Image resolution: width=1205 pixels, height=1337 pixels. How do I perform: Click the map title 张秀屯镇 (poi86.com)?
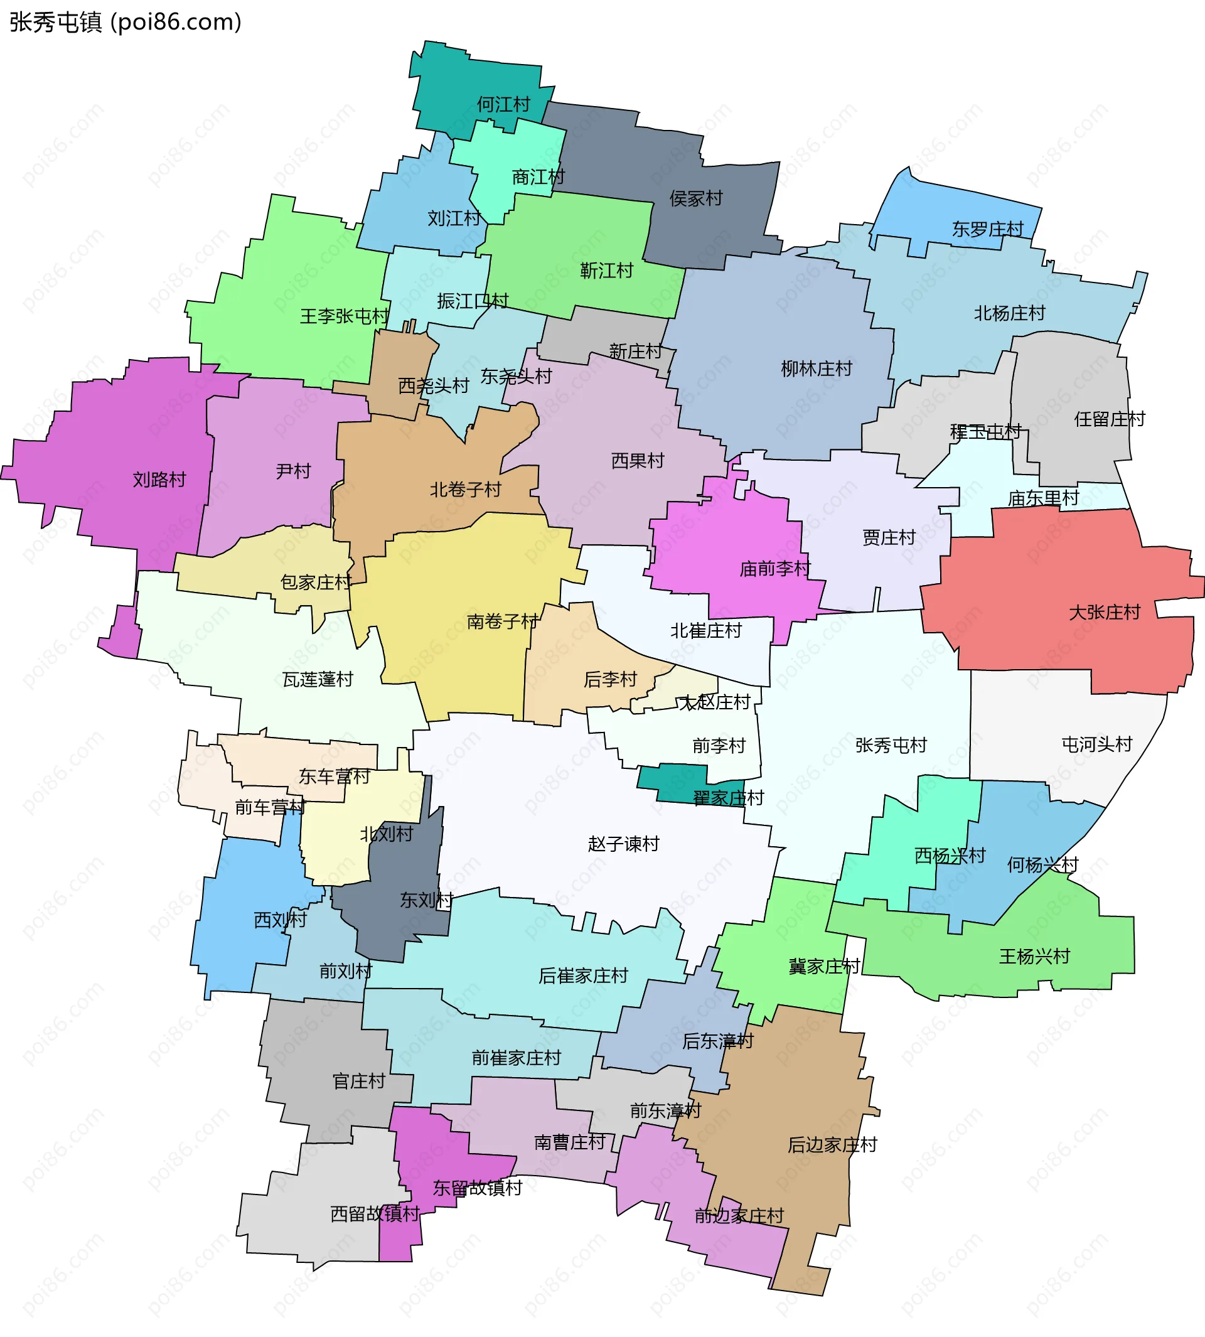pyautogui.click(x=126, y=23)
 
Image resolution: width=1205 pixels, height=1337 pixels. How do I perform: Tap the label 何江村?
pyautogui.click(x=503, y=104)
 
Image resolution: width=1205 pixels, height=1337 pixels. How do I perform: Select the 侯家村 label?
pyautogui.click(x=695, y=198)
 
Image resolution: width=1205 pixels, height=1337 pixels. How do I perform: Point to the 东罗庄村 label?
pyautogui.click(x=987, y=229)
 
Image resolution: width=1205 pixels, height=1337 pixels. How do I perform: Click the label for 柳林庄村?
pyautogui.click(x=816, y=369)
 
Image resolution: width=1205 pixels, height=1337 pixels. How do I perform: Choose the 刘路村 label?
pyautogui.click(x=159, y=480)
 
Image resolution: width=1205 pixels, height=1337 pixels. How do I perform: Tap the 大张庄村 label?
pyautogui.click(x=1105, y=613)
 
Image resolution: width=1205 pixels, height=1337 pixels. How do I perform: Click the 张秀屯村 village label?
pyautogui.click(x=891, y=746)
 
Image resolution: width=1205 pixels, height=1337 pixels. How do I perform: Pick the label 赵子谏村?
pyautogui.click(x=623, y=844)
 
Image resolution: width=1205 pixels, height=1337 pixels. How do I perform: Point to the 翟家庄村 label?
pyautogui.click(x=727, y=798)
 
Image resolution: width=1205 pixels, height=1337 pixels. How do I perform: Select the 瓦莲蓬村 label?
pyautogui.click(x=318, y=679)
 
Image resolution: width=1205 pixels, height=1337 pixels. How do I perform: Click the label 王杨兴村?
pyautogui.click(x=1034, y=956)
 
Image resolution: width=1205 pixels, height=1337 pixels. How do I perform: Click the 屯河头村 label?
pyautogui.click(x=1096, y=745)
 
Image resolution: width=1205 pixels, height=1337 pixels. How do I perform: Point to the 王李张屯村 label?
pyautogui.click(x=345, y=316)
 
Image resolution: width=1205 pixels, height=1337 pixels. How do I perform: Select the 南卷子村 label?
pyautogui.click(x=502, y=621)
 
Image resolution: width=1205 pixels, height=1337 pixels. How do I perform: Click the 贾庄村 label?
pyautogui.click(x=889, y=538)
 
